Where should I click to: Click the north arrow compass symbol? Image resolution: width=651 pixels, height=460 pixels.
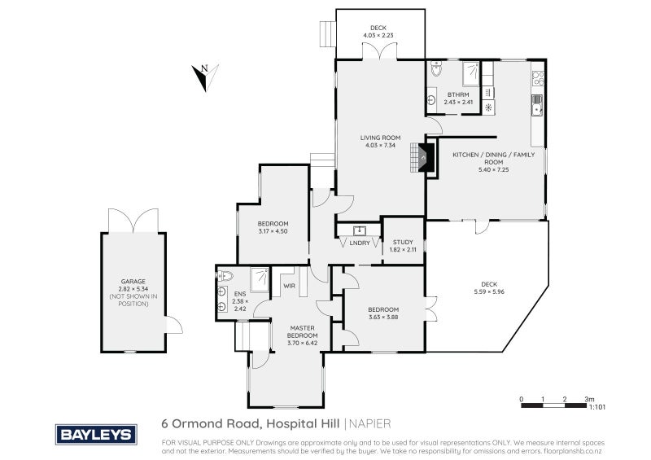(203, 77)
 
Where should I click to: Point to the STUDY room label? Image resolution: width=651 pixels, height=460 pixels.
(403, 242)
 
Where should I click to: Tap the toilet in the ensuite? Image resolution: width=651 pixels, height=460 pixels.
(225, 275)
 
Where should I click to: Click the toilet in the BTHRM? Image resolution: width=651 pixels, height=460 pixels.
(435, 72)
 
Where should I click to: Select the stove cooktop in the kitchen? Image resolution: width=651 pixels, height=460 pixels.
(537, 79)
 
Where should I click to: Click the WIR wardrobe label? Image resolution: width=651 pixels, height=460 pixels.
(288, 286)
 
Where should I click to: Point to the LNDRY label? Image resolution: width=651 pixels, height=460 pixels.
(359, 243)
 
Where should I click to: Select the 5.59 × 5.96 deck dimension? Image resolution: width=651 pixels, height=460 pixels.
(489, 291)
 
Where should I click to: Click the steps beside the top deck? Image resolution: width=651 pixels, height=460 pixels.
(327, 33)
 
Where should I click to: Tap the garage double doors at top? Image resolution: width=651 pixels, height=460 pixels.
(132, 221)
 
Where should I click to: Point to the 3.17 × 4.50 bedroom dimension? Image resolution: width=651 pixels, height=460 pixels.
(273, 230)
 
